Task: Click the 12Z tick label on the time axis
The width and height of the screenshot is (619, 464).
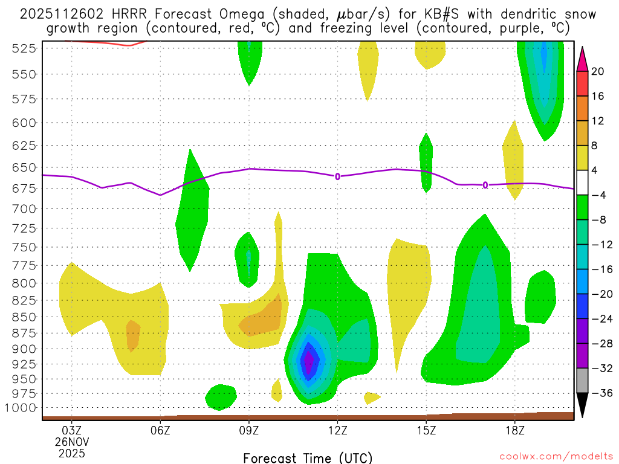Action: coord(337,430)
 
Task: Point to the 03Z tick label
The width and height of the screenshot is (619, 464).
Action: coord(72,430)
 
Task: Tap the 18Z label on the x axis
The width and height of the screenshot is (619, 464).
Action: coord(514,430)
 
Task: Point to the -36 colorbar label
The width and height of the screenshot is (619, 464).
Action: coord(602,393)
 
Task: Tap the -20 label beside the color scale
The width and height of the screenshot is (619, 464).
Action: coord(602,294)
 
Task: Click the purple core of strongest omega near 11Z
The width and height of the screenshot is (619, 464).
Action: coord(309,361)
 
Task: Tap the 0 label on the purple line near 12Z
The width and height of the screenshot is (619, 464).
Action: coord(337,176)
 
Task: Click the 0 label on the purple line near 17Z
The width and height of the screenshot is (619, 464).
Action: coord(485,185)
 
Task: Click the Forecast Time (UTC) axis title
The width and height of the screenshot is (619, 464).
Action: coord(308,457)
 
